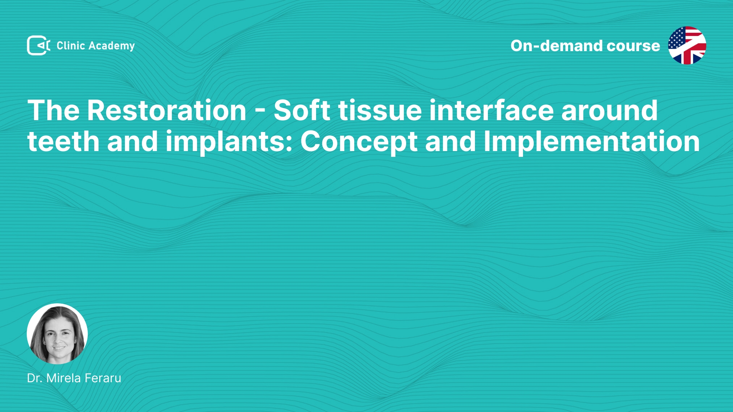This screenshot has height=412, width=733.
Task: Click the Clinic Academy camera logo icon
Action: pos(39,45)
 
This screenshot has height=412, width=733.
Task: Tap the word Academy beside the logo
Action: pos(111,46)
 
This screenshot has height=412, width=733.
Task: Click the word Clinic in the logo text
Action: pos(71,45)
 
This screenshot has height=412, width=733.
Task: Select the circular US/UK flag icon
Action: pos(687,45)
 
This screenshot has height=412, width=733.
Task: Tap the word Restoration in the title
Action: pos(166,111)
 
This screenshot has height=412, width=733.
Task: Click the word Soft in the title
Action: pos(302,110)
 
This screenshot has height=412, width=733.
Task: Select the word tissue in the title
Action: pos(380,111)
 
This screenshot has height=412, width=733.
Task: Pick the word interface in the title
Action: pos(491,110)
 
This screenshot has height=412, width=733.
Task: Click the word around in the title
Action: pos(609,111)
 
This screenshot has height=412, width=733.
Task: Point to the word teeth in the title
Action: pos(63,142)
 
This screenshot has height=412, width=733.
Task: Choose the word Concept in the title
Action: pos(359,142)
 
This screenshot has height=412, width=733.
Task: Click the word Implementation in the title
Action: pos(592,142)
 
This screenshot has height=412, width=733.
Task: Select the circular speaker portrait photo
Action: pos(57,334)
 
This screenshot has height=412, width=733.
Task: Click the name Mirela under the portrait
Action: pos(63,378)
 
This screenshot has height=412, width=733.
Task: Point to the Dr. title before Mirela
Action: pos(35,378)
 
